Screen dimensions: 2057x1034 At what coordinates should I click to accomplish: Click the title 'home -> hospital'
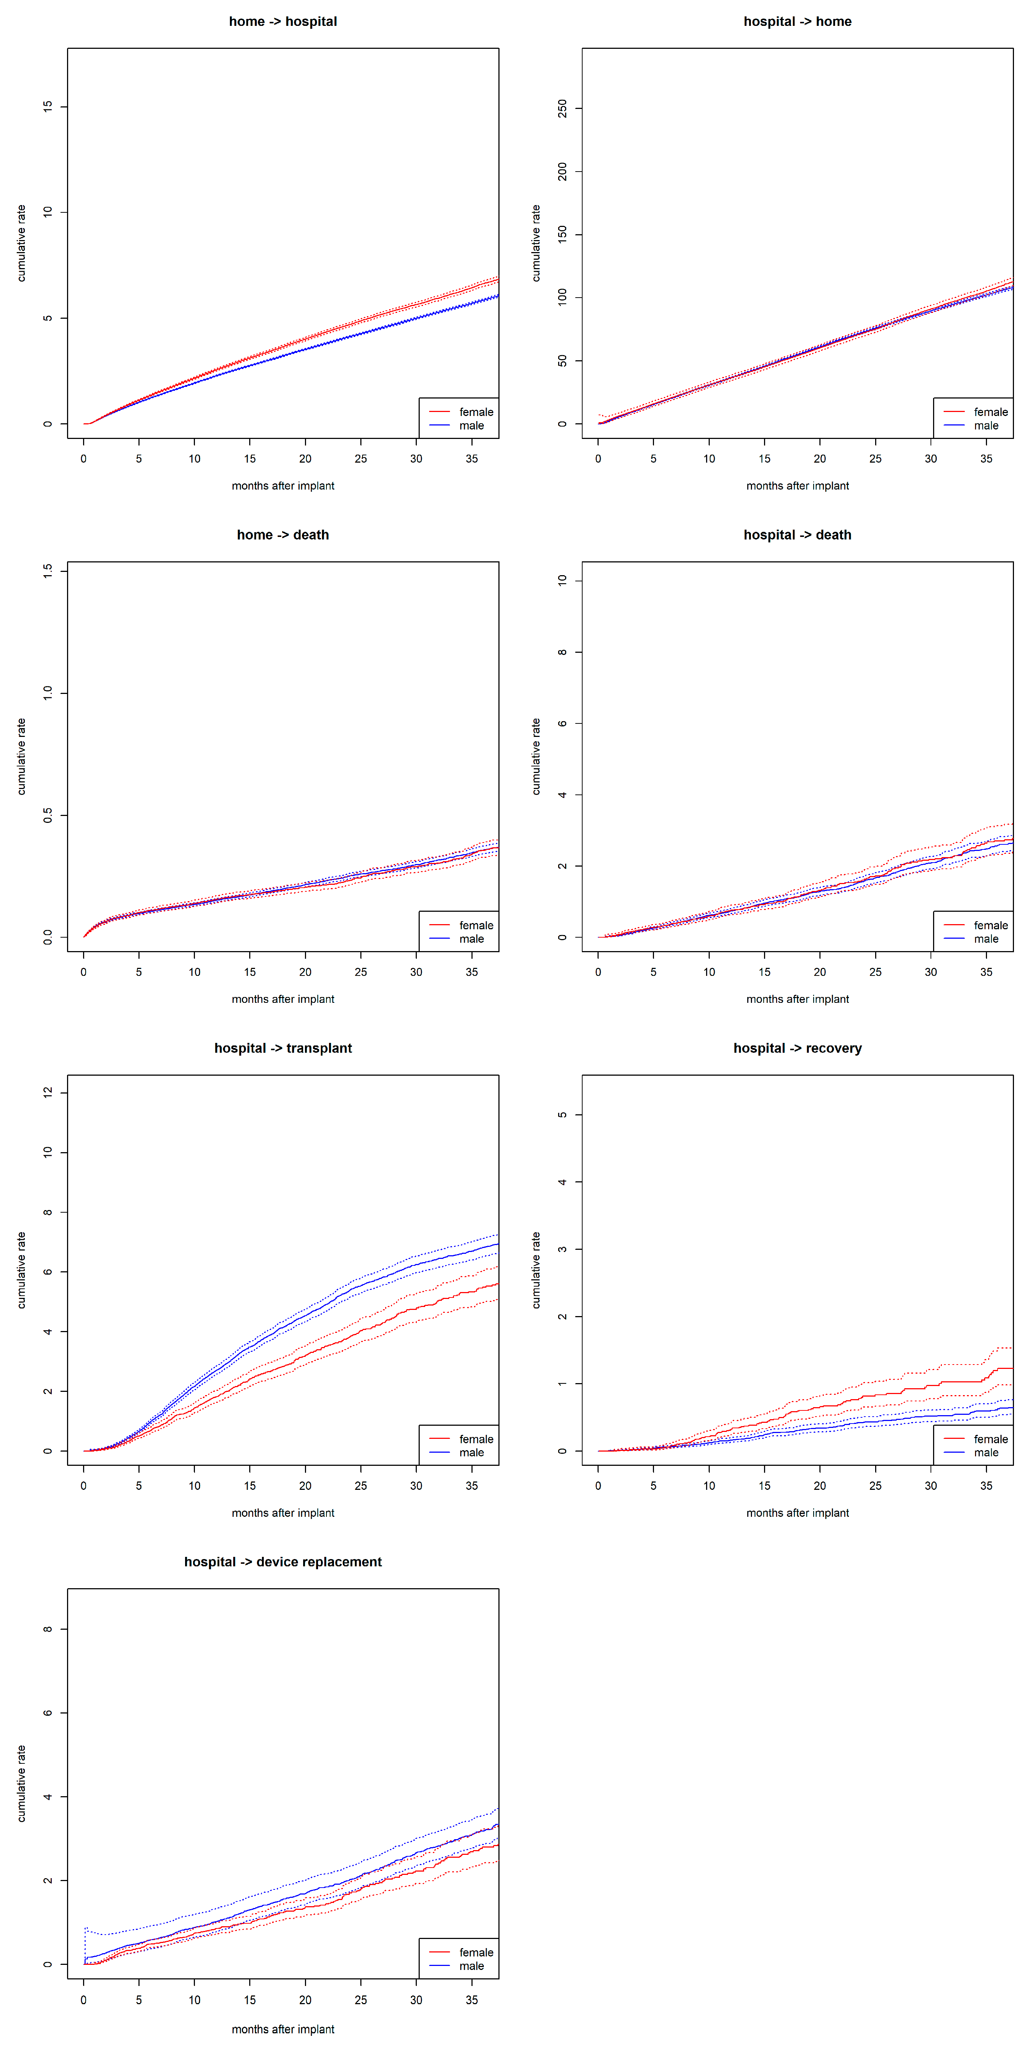[x=283, y=21]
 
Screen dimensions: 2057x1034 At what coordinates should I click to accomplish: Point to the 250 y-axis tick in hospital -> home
[x=562, y=108]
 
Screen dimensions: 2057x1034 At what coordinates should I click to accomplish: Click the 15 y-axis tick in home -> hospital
[x=48, y=106]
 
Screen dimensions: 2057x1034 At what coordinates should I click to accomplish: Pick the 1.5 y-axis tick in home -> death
[x=48, y=570]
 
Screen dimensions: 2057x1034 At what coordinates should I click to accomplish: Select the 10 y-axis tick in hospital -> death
[x=562, y=581]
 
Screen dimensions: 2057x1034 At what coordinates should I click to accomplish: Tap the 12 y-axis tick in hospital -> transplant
[x=48, y=1092]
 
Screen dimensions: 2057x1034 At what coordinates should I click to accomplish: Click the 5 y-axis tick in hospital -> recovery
[x=562, y=1115]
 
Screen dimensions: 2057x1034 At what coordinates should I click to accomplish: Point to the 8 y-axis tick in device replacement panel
[x=48, y=1629]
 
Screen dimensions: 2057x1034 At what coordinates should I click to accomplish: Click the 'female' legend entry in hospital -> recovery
[x=990, y=1439]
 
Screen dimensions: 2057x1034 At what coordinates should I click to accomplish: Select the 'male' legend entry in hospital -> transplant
[x=471, y=1453]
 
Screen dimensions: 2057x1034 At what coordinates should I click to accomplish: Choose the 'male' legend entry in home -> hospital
[x=471, y=425]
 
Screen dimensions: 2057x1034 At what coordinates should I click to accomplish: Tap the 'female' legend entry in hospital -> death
[x=990, y=926]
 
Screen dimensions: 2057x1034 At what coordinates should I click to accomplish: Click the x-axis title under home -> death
[x=283, y=999]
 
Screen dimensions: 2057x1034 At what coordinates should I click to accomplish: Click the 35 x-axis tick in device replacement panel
[x=472, y=1999]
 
